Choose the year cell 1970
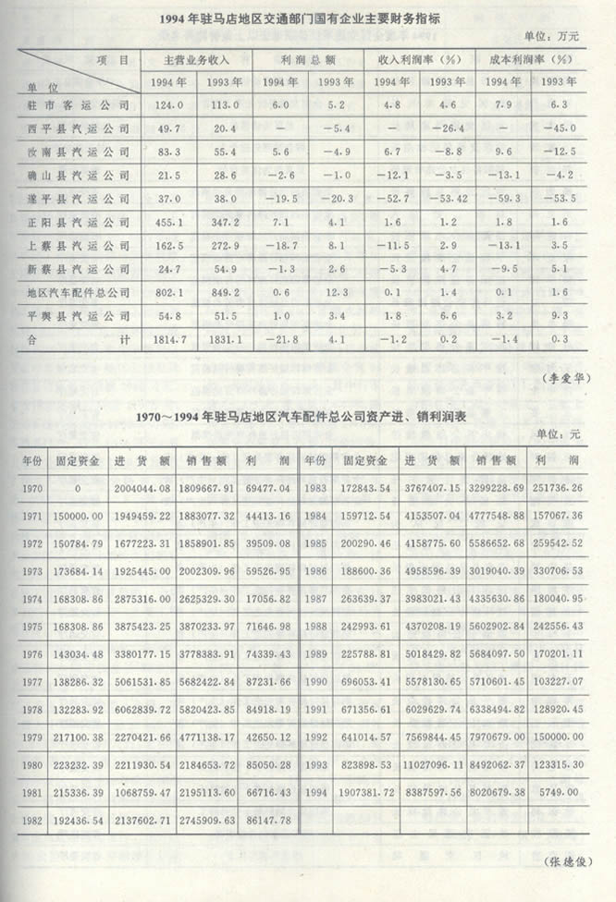click(x=31, y=485)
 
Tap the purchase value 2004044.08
click(x=139, y=485)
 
